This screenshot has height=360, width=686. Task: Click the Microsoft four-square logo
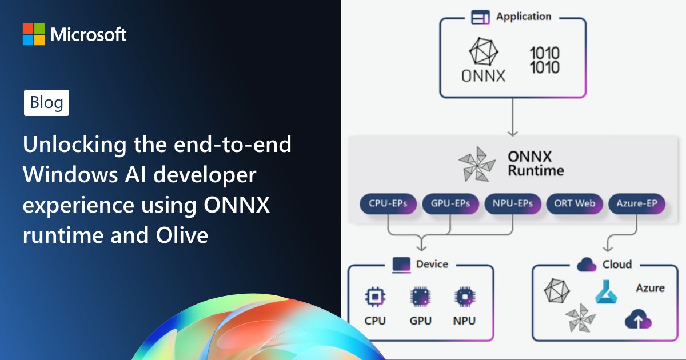(x=34, y=34)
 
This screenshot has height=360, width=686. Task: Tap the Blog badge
(x=46, y=103)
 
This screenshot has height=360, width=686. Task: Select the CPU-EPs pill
(x=388, y=204)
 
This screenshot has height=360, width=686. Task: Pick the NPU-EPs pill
(x=512, y=204)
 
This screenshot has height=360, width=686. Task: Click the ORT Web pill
(x=575, y=204)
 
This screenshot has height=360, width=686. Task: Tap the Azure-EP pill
(x=637, y=204)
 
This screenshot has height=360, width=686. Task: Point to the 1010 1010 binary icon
(x=544, y=61)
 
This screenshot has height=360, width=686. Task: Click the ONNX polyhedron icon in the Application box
(x=483, y=53)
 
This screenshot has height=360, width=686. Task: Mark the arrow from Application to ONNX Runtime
(x=513, y=117)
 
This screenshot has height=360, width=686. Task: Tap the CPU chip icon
(x=375, y=297)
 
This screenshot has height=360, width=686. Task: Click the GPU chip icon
(x=420, y=297)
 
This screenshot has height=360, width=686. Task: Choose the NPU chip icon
(x=464, y=297)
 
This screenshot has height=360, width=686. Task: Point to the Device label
(x=432, y=264)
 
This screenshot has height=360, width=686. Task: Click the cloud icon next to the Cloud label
(x=587, y=265)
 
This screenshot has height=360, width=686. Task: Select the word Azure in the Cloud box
(x=650, y=288)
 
